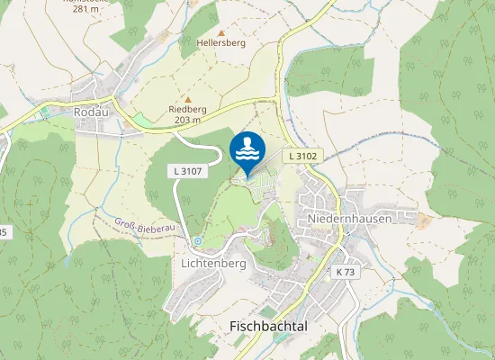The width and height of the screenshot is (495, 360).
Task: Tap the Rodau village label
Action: point(91,113)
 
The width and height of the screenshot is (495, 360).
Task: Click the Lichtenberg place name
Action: point(213,264)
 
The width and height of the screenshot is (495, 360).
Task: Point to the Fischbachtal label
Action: point(269,326)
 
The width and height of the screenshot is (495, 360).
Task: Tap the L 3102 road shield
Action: point(304,156)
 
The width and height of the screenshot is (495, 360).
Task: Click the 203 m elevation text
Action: point(187,120)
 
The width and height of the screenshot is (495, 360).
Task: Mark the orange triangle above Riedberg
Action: point(187,99)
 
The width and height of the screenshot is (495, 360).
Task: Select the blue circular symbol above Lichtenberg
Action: point(197,241)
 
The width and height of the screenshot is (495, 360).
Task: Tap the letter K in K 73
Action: point(338,272)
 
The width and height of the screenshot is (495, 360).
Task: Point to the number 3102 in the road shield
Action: point(308,156)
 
